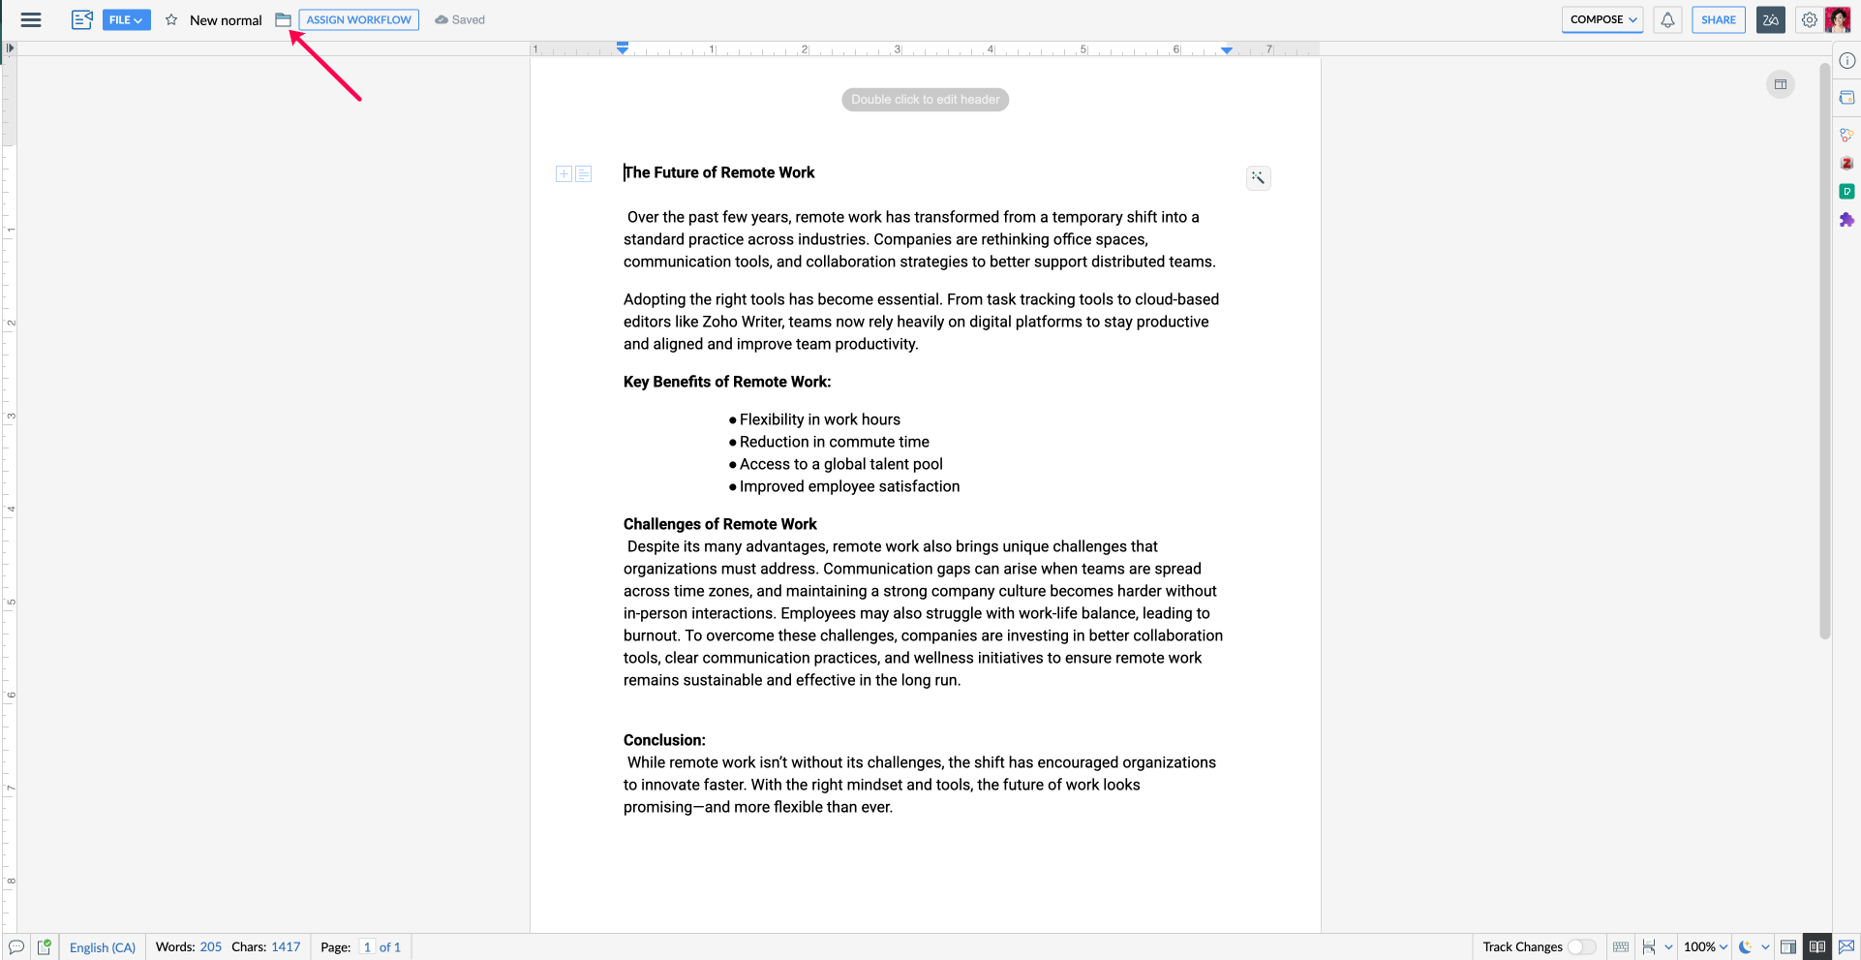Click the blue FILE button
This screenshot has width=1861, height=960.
click(126, 20)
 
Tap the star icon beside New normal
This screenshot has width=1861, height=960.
click(171, 20)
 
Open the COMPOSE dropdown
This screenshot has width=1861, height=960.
click(1602, 20)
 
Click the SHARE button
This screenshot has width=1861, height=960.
click(1718, 20)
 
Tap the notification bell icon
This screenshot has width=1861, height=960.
click(1667, 20)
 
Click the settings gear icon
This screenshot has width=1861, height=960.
click(1809, 20)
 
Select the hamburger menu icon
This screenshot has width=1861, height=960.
click(31, 20)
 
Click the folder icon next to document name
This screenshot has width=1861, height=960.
click(283, 20)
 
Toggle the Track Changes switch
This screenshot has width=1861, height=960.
click(1581, 946)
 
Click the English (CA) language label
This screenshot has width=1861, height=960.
click(103, 947)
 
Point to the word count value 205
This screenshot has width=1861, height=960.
click(211, 946)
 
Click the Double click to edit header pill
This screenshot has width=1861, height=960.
click(925, 100)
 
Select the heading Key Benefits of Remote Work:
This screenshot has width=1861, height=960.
click(727, 382)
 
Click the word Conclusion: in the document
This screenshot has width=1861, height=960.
click(664, 740)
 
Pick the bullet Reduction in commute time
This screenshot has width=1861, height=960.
click(834, 442)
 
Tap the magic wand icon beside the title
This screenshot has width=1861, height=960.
click(1258, 177)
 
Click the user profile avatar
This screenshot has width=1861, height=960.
click(1837, 20)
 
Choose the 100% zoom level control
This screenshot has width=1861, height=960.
click(1704, 946)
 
